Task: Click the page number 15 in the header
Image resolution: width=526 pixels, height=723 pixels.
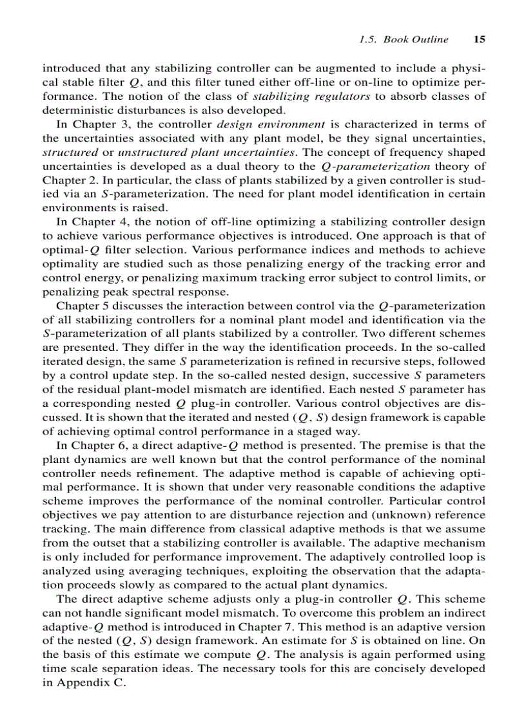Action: (x=479, y=39)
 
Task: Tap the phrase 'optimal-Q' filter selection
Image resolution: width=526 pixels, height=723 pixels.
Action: (x=66, y=249)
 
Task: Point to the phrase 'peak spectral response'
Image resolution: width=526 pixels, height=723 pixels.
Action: (x=141, y=291)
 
